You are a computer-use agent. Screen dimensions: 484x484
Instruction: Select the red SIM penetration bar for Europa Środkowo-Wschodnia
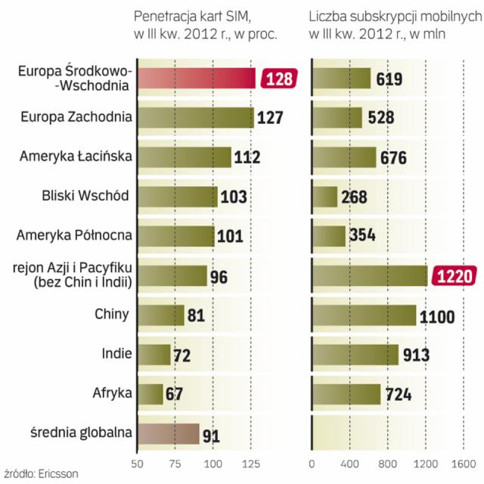pos(197,79)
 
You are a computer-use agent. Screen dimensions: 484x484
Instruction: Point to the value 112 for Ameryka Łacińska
pos(247,157)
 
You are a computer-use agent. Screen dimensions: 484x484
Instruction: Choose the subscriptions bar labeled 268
pos(324,197)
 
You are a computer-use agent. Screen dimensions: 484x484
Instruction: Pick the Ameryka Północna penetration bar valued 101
pos(175,235)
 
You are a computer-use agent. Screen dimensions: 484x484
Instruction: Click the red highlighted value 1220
pos(454,276)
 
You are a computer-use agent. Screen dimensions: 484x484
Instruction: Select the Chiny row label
pos(112,314)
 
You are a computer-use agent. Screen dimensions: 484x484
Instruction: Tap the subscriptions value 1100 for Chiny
pos(437,316)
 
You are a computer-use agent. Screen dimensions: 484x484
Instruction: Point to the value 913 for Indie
pos(414,355)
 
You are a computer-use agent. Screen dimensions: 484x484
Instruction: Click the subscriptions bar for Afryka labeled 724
pos(346,394)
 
